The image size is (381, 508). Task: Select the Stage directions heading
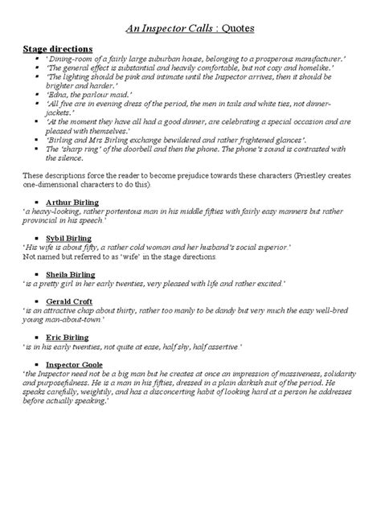click(x=58, y=49)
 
